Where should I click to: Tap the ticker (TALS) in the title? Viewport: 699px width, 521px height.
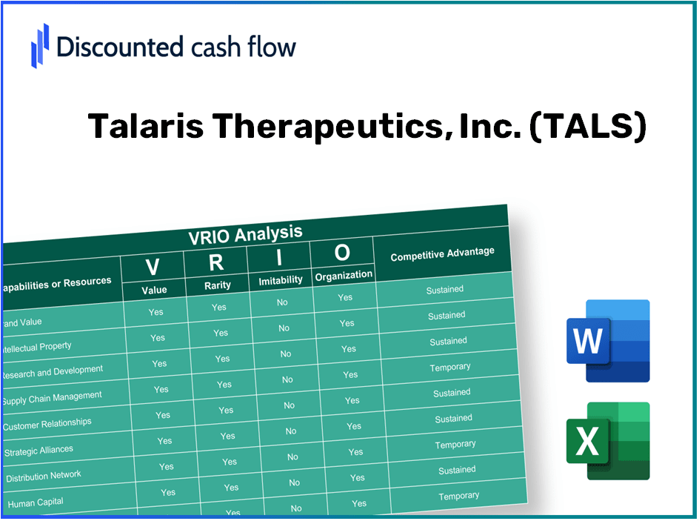pyautogui.click(x=588, y=127)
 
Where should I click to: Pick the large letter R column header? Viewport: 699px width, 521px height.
pyautogui.click(x=215, y=262)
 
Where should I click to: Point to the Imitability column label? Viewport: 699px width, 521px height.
pyautogui.click(x=281, y=280)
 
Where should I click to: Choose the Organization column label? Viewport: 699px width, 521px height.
pyautogui.click(x=344, y=275)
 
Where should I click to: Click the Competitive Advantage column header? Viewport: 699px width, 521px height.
pyautogui.click(x=442, y=254)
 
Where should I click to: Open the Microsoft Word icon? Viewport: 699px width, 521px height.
pyautogui.click(x=607, y=341)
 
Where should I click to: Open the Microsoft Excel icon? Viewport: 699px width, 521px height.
pyautogui.click(x=607, y=441)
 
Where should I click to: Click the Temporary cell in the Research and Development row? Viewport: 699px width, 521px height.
pyautogui.click(x=449, y=368)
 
